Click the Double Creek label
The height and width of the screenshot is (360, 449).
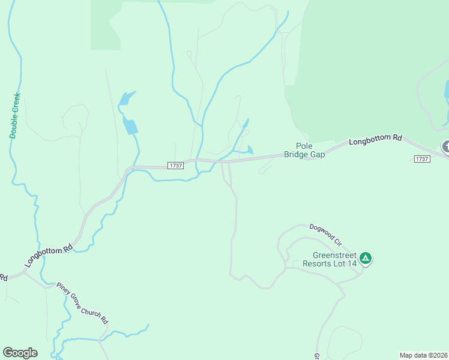[x=15, y=115]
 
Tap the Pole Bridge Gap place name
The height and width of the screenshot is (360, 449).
[x=304, y=150]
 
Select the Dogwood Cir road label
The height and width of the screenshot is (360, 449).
[x=325, y=235]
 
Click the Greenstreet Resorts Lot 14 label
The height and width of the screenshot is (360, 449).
[x=330, y=259]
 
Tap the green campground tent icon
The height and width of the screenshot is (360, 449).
[x=366, y=259]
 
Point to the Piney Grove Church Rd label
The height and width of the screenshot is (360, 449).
[x=82, y=302]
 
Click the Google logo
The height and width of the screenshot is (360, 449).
[x=20, y=353]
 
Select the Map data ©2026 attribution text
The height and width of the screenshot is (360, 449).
[x=424, y=355]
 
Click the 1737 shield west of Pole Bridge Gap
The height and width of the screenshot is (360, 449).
[x=175, y=166]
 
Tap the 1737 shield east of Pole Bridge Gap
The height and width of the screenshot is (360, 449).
[x=422, y=158]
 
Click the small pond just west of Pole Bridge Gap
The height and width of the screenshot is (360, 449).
[x=250, y=150]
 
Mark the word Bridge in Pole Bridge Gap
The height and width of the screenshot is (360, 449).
[x=297, y=154]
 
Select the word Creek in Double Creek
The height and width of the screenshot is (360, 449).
[x=16, y=104]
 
